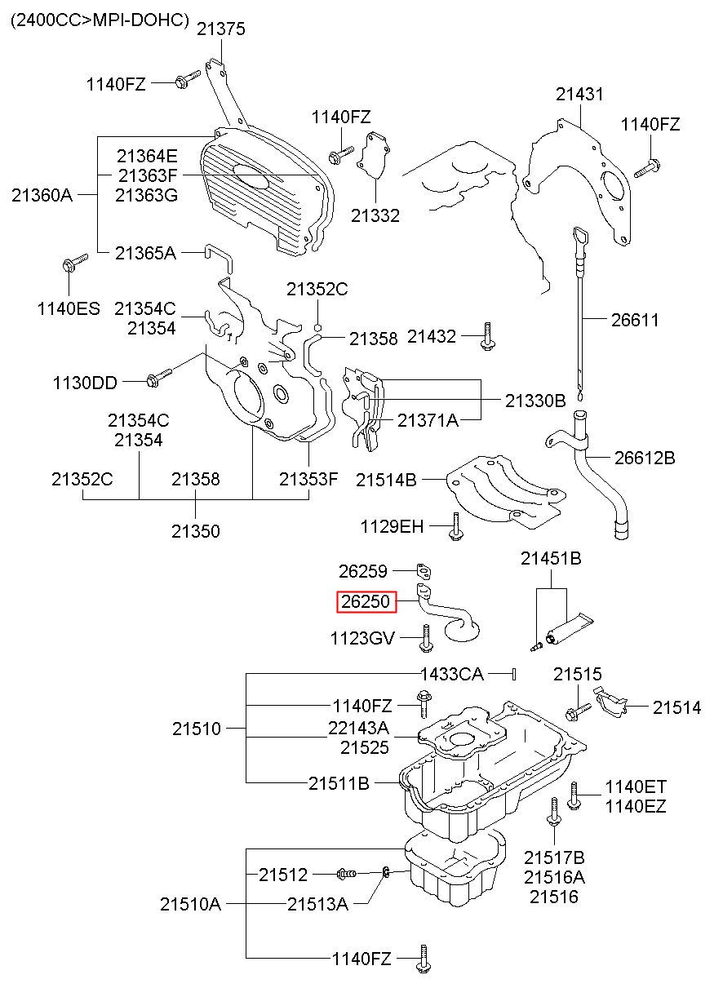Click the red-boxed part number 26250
tap(367, 603)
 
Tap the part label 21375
tap(220, 29)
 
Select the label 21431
tap(580, 94)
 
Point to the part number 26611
tap(635, 321)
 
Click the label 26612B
tap(645, 458)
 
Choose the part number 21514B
tap(386, 481)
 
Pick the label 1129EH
tap(393, 527)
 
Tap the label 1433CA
tap(451, 674)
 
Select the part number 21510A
tap(190, 903)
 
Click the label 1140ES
tap(69, 308)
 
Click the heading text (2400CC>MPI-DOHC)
tap(100, 19)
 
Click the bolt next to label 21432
tap(487, 336)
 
